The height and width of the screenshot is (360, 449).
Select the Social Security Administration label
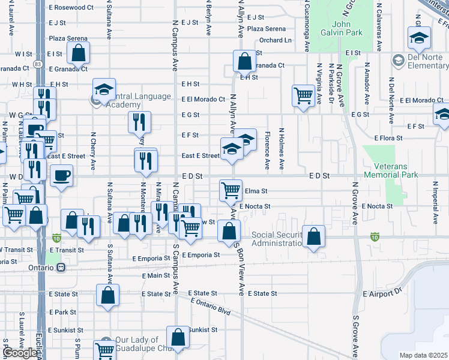(x=276, y=239)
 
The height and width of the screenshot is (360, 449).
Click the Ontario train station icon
(x=61, y=268)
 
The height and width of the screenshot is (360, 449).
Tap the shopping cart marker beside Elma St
(x=231, y=190)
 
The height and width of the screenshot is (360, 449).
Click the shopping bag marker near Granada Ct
(x=244, y=61)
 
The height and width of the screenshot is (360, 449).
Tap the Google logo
(x=19, y=353)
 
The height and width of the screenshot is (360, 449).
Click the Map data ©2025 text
(x=423, y=355)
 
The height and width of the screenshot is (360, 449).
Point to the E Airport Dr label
(x=382, y=293)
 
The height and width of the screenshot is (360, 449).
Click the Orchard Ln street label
(x=275, y=40)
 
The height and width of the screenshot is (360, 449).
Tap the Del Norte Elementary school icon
(x=397, y=61)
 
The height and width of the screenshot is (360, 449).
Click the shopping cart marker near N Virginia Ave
(x=304, y=95)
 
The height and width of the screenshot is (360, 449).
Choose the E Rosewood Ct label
(x=71, y=8)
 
